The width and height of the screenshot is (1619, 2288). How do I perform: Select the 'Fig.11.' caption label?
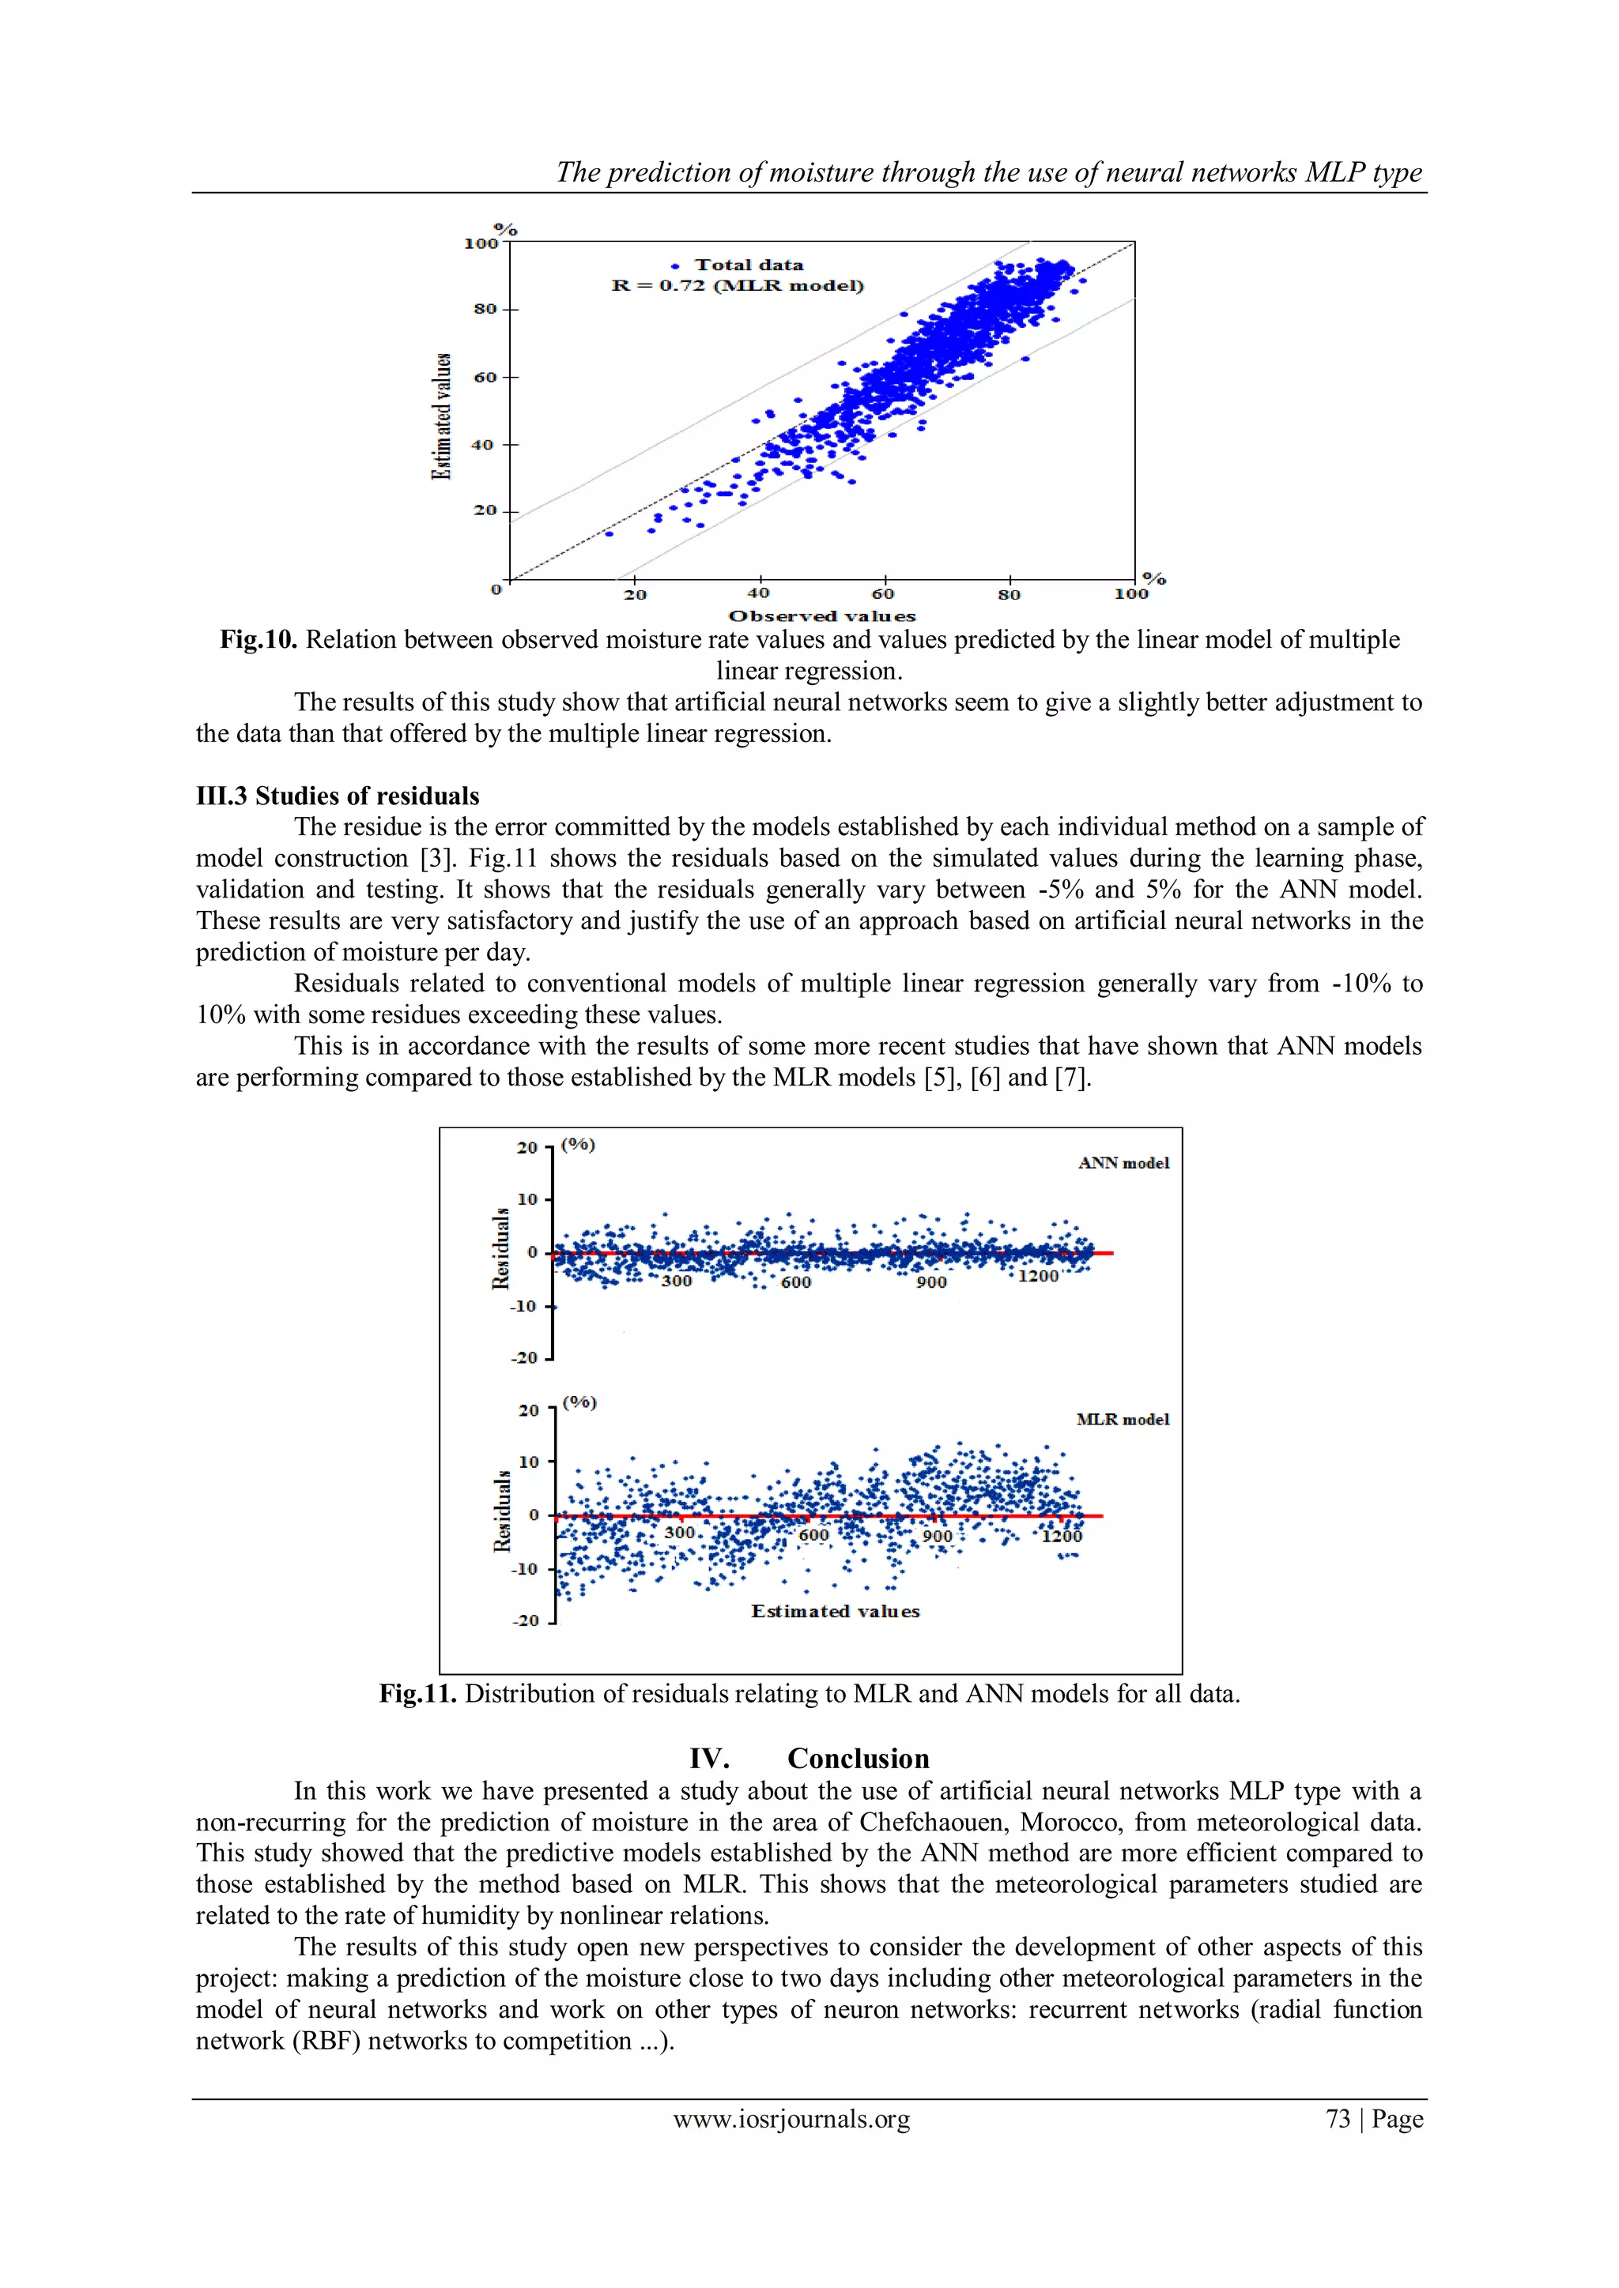[417, 1693]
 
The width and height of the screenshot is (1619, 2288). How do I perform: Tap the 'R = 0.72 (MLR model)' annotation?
[737, 286]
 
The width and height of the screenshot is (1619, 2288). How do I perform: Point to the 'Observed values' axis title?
[821, 615]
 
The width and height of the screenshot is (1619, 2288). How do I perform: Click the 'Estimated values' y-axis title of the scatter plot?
[440, 416]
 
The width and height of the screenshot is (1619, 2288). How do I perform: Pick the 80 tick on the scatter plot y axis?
[485, 309]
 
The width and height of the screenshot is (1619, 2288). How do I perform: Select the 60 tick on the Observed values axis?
[882, 594]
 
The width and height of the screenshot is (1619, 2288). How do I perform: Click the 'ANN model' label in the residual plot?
[1123, 1163]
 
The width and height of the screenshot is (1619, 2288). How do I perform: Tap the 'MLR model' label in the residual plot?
[1123, 1419]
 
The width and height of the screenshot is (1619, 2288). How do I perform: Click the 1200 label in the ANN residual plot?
[1038, 1277]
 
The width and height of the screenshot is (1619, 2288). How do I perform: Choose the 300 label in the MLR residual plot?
[679, 1532]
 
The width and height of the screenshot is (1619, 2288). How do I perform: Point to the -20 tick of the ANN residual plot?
[524, 1357]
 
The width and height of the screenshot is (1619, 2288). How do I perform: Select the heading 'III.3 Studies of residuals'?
[337, 796]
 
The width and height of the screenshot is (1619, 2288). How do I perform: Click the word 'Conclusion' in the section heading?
[858, 1758]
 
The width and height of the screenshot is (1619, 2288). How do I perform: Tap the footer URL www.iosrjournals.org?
[791, 2119]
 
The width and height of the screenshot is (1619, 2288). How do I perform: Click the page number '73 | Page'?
[1374, 2119]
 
